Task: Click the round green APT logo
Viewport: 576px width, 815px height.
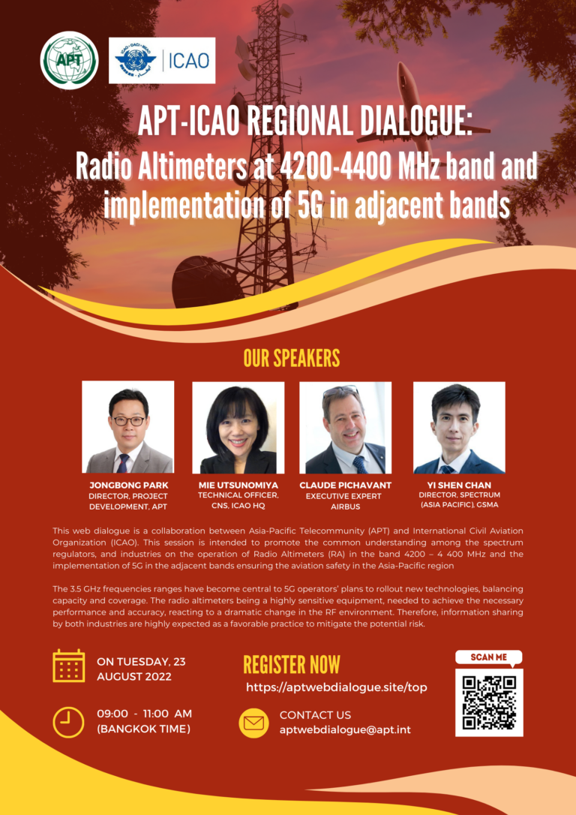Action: point(69,60)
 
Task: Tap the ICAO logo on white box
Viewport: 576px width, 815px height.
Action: point(162,60)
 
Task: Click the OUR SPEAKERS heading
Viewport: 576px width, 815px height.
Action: point(292,358)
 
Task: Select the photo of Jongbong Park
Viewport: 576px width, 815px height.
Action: point(128,427)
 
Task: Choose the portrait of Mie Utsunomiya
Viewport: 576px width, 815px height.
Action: point(238,428)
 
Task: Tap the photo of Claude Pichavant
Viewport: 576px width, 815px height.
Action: point(346,428)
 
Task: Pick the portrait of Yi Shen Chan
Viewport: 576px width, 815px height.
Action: point(459,428)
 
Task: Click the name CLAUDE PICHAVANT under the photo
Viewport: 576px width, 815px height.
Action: point(346,486)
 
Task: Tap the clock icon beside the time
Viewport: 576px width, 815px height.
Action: point(68,722)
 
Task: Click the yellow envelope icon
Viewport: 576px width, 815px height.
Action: point(254,722)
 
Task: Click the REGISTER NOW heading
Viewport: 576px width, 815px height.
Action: point(292,665)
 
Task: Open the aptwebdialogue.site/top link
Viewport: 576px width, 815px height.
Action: point(337,687)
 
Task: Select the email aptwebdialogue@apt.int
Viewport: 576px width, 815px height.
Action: point(345,729)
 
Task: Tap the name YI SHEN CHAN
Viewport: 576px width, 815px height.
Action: point(459,486)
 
